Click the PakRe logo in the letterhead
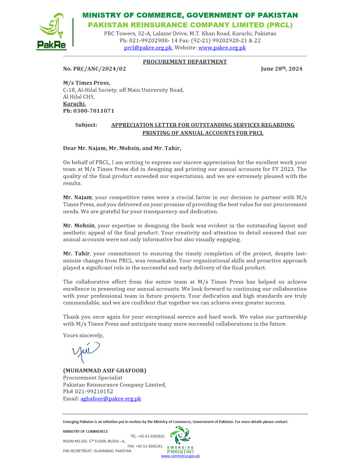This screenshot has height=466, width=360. click(52, 31)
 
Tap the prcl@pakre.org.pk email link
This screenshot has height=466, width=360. click(148, 48)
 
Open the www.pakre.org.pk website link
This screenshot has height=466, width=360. click(222, 48)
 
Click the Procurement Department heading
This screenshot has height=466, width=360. click(185, 62)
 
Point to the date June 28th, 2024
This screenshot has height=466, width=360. click(281, 69)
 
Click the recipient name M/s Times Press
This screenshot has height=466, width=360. click(86, 83)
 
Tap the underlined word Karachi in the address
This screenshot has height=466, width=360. click(74, 104)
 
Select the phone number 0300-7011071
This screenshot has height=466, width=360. click(94, 111)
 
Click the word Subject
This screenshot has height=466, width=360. click(86, 125)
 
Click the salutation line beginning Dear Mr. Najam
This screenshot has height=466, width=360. click(122, 148)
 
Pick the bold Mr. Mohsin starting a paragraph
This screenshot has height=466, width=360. click(79, 226)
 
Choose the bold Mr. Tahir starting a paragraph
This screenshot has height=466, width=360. click(76, 254)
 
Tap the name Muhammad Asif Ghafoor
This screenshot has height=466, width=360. click(104, 371)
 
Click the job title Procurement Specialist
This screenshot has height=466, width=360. click(93, 378)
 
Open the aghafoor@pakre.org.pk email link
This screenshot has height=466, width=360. click(111, 399)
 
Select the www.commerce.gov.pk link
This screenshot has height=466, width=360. click(181, 456)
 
